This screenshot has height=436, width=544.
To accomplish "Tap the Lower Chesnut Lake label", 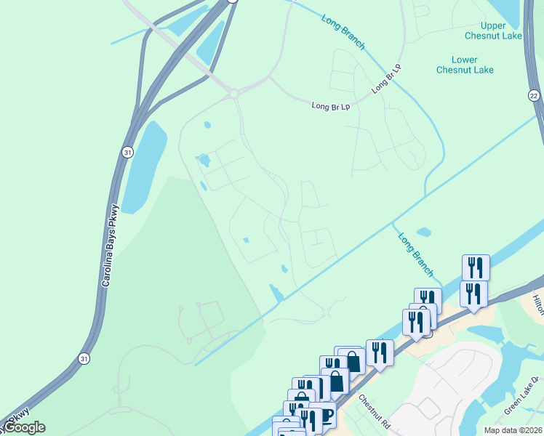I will (x=465, y=65).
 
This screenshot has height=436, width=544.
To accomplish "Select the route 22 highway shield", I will (x=534, y=96).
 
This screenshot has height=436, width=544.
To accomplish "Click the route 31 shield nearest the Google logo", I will (x=84, y=359).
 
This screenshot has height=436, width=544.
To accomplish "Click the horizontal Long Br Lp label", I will (x=331, y=106).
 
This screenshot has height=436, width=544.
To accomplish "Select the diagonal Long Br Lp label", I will (x=386, y=78).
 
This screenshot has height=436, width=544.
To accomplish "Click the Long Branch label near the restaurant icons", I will (x=416, y=254).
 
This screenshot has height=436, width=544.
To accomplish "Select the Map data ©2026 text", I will (x=513, y=430).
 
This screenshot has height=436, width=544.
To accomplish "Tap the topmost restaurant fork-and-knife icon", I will (x=476, y=267).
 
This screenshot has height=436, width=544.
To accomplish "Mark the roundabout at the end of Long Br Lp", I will (x=234, y=94).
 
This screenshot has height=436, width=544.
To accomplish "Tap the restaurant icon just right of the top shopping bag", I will (x=380, y=352).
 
